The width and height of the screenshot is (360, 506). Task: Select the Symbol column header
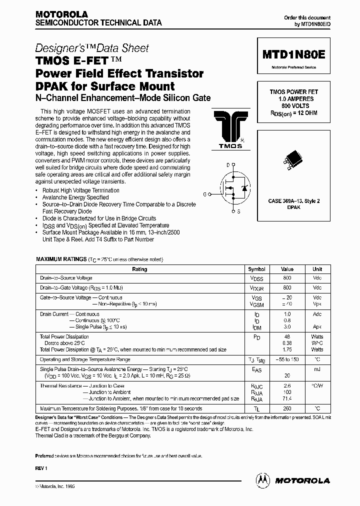coord(256,269)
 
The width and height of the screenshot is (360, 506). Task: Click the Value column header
coord(287,269)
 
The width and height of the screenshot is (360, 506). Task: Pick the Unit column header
coord(317,269)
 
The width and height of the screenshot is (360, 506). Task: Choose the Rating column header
coord(139,269)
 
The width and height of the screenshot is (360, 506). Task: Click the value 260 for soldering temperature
coord(287,408)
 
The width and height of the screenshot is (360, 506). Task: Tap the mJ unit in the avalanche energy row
coord(317,369)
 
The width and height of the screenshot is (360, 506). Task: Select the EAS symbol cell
coord(256,370)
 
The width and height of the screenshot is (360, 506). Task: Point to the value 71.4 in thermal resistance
coord(287,399)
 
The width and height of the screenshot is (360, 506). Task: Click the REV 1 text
coord(40,467)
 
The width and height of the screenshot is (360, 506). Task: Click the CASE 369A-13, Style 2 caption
coord(294,200)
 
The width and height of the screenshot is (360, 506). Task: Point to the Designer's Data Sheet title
coord(92,48)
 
